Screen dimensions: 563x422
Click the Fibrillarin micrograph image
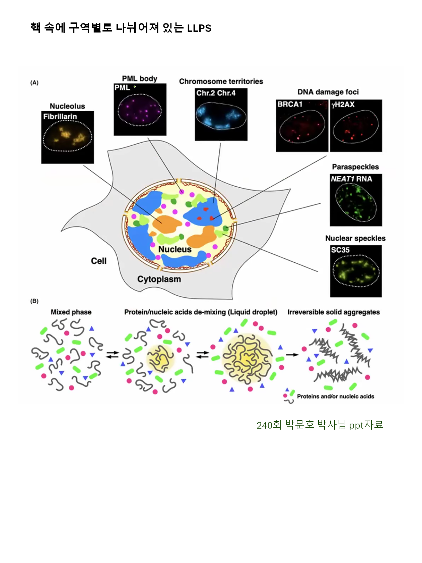click(67, 137)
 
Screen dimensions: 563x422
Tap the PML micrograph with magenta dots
click(140, 110)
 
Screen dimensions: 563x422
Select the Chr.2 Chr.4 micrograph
click(221, 115)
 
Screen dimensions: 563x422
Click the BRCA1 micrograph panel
click(302, 126)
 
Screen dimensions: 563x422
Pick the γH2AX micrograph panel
click(356, 126)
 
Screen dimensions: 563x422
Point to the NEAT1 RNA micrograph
click(356, 200)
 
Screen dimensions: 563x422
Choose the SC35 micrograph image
click(356, 271)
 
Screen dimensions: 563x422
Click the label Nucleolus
click(67, 106)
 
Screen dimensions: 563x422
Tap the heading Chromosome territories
click(221, 81)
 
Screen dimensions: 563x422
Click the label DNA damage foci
click(328, 92)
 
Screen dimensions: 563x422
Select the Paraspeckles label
click(355, 167)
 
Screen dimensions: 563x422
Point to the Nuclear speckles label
click(355, 238)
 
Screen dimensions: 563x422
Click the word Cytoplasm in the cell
click(159, 279)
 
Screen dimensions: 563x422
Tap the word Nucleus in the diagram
click(175, 249)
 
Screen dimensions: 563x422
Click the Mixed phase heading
click(71, 312)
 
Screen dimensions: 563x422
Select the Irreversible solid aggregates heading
click(334, 312)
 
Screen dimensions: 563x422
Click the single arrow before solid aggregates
click(292, 355)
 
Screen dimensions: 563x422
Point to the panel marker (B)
click(34, 301)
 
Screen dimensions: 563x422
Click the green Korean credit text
click(320, 425)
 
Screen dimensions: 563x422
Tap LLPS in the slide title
click(199, 28)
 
